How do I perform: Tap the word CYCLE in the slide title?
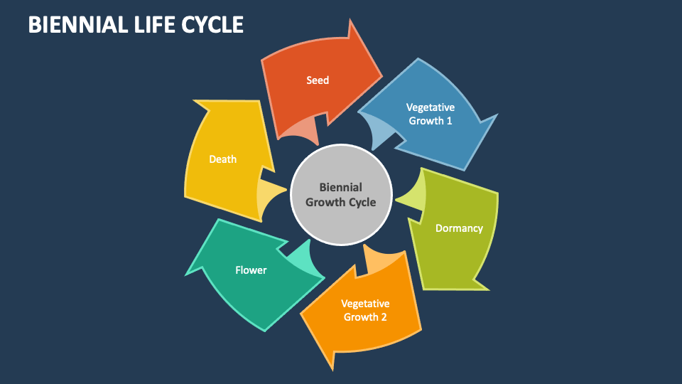click(x=213, y=24)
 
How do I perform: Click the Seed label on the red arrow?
click(x=318, y=80)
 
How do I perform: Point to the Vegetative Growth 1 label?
click(x=430, y=114)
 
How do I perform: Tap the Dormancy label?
click(x=459, y=228)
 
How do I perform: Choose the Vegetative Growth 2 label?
click(x=365, y=310)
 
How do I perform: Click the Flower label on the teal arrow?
click(x=251, y=270)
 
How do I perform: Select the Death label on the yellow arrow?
click(x=222, y=159)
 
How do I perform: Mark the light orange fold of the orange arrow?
click(x=380, y=260)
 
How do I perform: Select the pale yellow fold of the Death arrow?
click(x=270, y=196)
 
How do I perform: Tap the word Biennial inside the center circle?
click(x=341, y=188)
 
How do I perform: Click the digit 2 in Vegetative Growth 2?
click(x=384, y=317)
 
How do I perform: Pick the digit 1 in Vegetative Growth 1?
click(x=449, y=121)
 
